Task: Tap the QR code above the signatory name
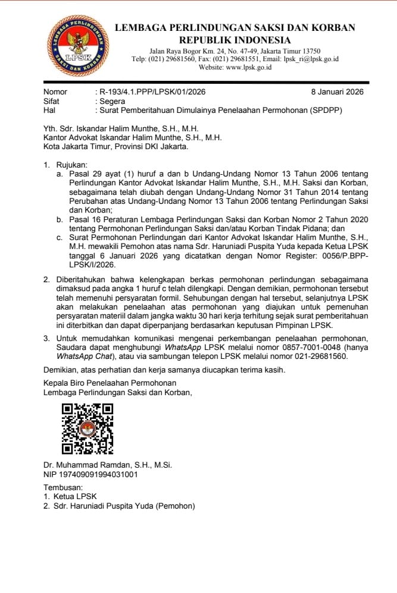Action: click(x=87, y=428)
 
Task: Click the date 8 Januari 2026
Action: click(x=337, y=92)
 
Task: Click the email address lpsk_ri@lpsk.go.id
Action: click(x=311, y=59)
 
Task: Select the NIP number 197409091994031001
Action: click(x=91, y=475)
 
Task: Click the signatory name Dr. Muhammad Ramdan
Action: click(x=90, y=465)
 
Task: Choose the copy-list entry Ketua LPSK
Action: click(x=75, y=496)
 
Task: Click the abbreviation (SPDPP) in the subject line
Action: click(x=326, y=111)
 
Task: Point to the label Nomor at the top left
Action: click(x=55, y=92)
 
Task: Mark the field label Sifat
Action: click(x=51, y=102)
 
